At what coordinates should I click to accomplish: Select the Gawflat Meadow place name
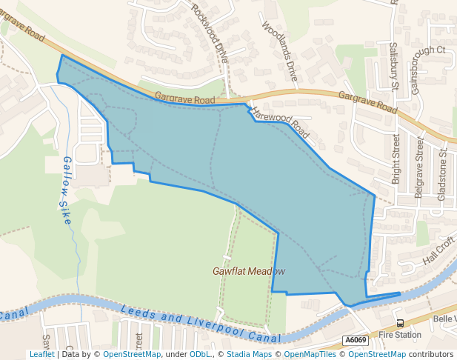(249, 271)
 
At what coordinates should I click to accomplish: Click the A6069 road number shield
(356, 340)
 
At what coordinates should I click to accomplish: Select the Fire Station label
(400, 335)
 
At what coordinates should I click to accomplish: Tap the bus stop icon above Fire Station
(400, 323)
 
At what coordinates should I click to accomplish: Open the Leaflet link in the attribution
(41, 355)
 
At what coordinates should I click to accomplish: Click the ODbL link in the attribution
(201, 355)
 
